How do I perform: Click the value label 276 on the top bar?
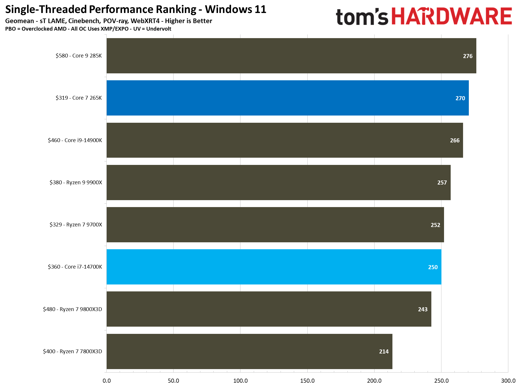467,56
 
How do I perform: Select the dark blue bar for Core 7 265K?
287,98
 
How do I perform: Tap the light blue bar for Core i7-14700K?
273,267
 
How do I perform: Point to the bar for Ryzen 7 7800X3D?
249,351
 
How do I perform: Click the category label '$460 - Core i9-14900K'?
75,140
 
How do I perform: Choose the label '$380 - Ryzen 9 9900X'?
76,183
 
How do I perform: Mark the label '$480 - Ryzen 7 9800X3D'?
72,309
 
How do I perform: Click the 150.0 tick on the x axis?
307,381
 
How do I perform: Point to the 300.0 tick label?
508,381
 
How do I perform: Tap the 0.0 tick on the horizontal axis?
107,381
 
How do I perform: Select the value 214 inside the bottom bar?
383,351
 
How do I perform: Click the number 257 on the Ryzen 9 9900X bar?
442,183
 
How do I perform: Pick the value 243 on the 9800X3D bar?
422,309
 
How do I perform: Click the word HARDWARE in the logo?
451,17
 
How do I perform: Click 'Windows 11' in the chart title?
236,10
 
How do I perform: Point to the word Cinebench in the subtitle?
84,21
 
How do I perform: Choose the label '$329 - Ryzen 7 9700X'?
76,225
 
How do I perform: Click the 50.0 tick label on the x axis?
173,381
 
